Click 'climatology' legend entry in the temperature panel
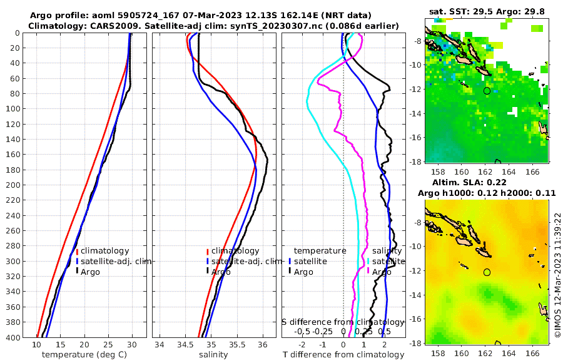tap(104, 251)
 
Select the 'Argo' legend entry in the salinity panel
tap(220, 272)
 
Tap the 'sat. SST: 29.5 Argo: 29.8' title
tap(487, 12)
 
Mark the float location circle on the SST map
tap(487, 91)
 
